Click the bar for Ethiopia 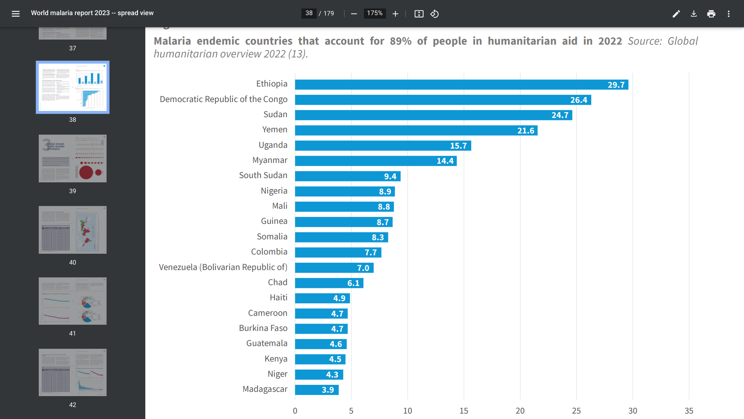[461, 85]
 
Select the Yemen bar [416, 130]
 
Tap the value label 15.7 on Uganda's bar [458, 146]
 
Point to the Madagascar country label [265, 389]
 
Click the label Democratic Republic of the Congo [224, 99]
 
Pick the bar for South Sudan [347, 176]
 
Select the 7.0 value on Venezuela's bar [363, 268]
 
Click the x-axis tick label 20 [520, 411]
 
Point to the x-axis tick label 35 [689, 411]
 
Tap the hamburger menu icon [15, 14]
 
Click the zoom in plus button [395, 14]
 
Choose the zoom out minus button [354, 14]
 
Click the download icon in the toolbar [694, 14]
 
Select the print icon [711, 14]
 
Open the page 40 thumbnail [72, 230]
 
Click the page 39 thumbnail [72, 158]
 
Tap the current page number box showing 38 [309, 13]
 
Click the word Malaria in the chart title [172, 41]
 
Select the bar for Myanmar [375, 161]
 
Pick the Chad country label [277, 282]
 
